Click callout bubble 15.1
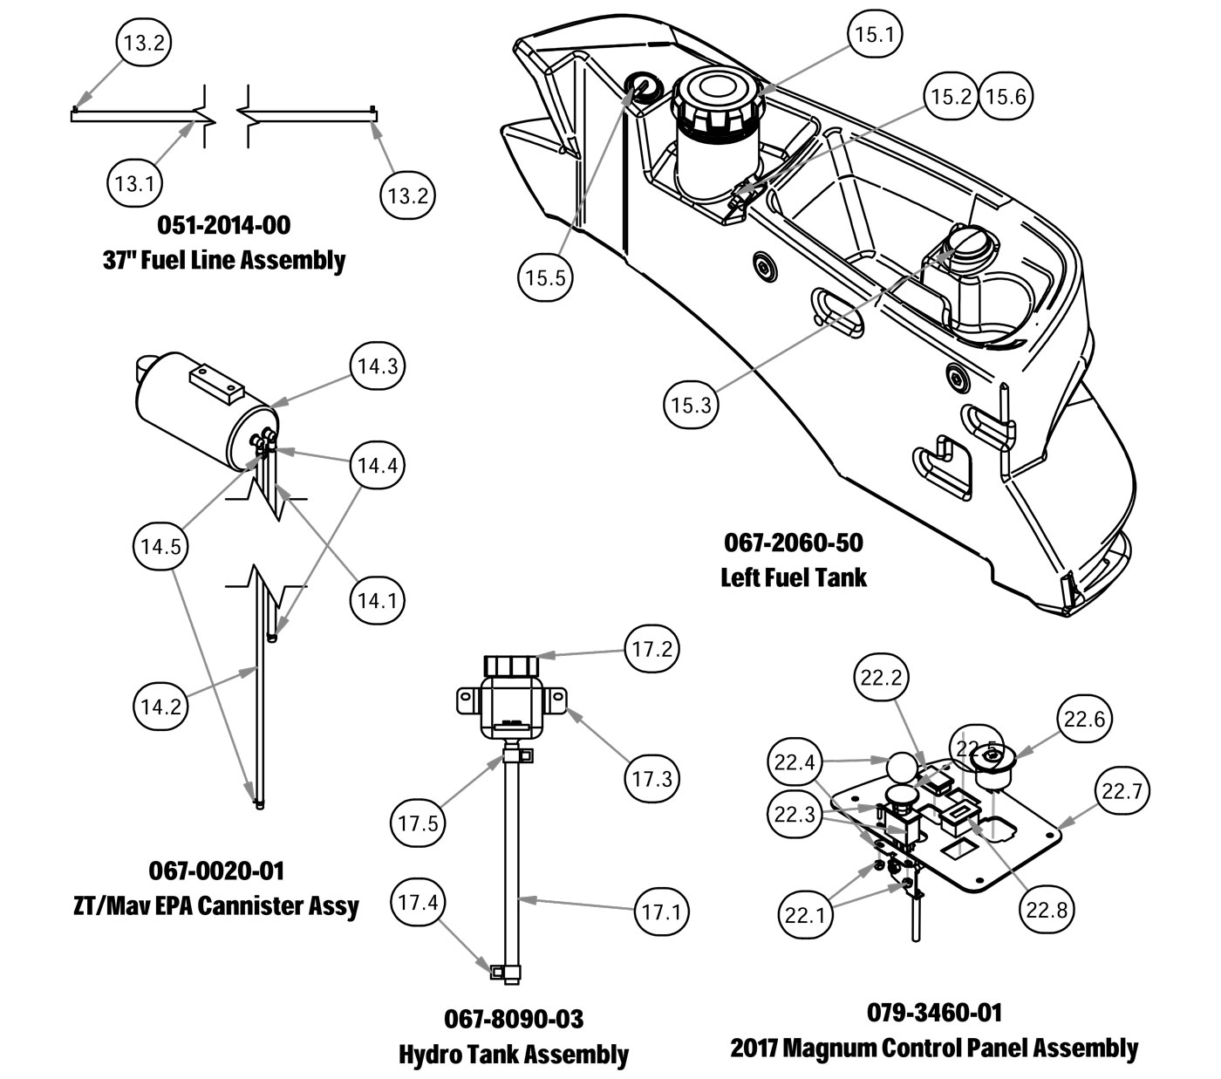(875, 34)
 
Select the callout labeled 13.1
(135, 182)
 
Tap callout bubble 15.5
(545, 277)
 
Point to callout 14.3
(378, 365)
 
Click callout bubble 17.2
(652, 649)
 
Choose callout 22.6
(1085, 719)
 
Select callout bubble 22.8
(1047, 910)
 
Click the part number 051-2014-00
(224, 225)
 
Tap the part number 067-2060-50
(794, 543)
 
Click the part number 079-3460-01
(934, 1012)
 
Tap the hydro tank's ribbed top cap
(511, 666)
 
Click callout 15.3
(692, 405)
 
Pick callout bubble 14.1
(378, 600)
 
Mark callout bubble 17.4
(419, 903)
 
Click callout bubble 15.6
(1006, 97)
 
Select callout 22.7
(1122, 790)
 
